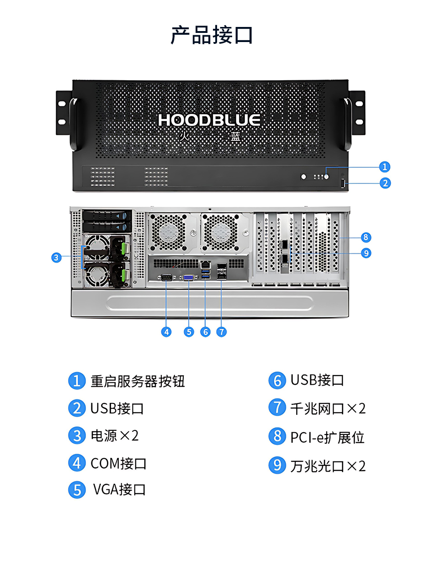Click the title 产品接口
click(212, 35)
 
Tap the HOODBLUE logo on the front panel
click(209, 120)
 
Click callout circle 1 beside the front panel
click(384, 167)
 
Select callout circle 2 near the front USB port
click(385, 183)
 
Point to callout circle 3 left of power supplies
click(56, 257)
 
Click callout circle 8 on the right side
click(366, 237)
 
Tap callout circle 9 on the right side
click(366, 253)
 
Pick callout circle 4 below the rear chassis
click(166, 332)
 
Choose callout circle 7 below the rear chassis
click(222, 332)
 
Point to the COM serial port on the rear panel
click(167, 277)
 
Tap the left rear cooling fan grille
click(169, 232)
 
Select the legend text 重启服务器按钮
click(138, 381)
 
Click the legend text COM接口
click(118, 463)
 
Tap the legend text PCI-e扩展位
click(327, 437)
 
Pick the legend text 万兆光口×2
click(328, 466)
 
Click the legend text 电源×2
click(115, 435)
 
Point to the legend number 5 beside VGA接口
click(77, 490)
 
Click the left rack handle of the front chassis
click(74, 124)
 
